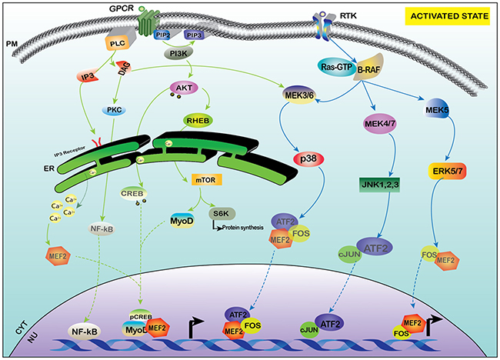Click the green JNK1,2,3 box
[x=385, y=184]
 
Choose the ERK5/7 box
[x=450, y=171]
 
